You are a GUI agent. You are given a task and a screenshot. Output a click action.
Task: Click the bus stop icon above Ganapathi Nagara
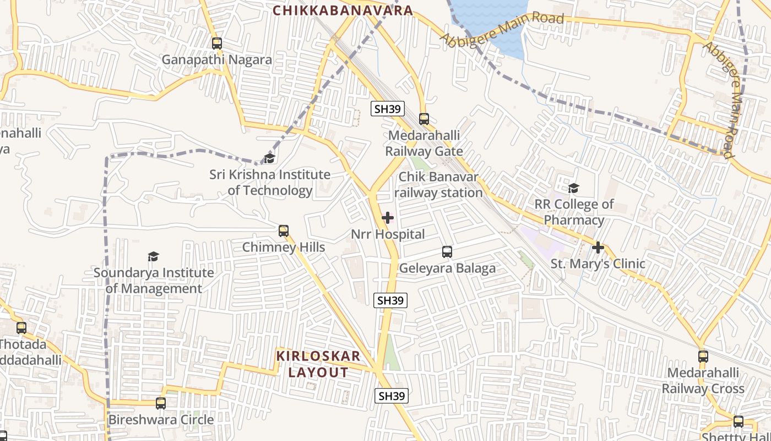click(217, 43)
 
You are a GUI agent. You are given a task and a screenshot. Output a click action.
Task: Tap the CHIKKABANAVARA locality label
click(343, 10)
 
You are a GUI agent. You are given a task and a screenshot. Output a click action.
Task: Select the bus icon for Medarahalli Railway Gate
click(423, 119)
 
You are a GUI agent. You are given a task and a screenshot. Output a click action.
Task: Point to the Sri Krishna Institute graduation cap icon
click(269, 159)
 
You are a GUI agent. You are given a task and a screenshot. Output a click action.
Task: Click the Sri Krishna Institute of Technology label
click(270, 182)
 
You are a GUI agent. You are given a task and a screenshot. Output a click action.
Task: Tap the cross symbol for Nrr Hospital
click(388, 218)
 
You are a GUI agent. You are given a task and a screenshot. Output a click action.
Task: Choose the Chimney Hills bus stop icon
click(284, 230)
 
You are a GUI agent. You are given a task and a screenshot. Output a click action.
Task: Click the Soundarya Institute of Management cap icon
click(153, 256)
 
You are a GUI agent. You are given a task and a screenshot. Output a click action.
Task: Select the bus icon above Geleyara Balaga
click(447, 252)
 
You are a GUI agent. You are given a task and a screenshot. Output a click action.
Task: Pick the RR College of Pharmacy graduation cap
click(574, 189)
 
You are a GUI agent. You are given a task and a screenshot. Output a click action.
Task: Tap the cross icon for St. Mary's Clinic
click(598, 248)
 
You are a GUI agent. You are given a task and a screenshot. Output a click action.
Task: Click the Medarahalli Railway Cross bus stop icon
click(703, 356)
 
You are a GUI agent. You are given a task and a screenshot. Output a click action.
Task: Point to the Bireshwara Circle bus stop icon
click(161, 403)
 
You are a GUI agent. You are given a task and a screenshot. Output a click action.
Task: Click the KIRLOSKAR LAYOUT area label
click(318, 364)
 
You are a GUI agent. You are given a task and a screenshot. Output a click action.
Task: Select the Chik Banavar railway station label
click(438, 185)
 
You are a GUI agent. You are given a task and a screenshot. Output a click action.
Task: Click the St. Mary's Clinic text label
click(598, 263)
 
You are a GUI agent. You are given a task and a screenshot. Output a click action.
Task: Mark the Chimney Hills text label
click(284, 247)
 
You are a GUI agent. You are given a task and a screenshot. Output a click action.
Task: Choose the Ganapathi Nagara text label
click(217, 60)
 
